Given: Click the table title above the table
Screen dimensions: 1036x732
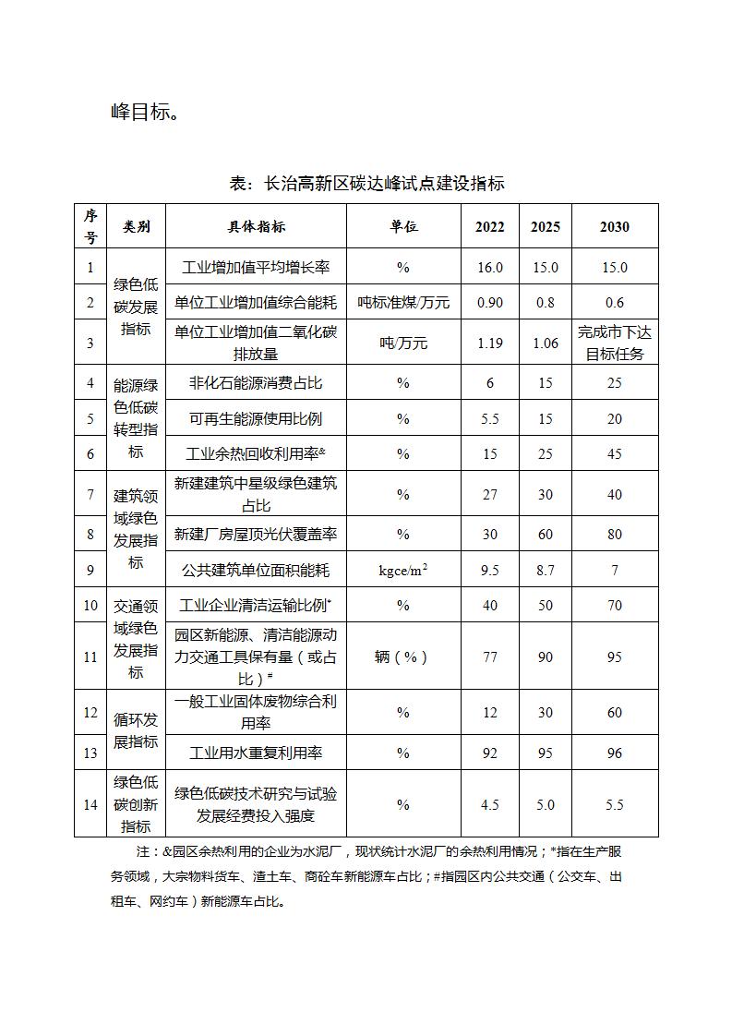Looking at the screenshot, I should point(366,183).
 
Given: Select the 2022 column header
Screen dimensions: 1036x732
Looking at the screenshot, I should point(489,227).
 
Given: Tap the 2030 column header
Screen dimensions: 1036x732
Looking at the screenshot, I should point(614,227).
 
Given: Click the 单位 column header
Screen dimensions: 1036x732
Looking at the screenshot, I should point(402,227).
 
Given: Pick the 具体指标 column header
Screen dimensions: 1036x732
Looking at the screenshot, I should point(256,227).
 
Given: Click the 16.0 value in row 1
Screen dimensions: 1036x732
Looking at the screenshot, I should point(489,268).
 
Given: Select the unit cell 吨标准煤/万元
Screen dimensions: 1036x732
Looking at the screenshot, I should point(402,303).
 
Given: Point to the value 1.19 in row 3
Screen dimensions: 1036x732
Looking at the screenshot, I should point(489,343).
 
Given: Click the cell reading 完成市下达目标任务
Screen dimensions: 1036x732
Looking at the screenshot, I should point(614,343).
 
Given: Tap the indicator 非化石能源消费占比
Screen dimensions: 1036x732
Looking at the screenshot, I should point(256,382).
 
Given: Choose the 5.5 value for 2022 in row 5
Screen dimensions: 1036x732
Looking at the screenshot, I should point(489,419).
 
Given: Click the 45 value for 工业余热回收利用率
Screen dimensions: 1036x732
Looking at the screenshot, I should point(614,454).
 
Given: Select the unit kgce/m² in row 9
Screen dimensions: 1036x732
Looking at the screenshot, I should point(402,571).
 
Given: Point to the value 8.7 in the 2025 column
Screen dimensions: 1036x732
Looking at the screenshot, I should point(545,571).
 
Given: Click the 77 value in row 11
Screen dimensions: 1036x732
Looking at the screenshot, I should point(489,657).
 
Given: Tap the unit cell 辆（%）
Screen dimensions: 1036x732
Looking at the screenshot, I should point(402,657).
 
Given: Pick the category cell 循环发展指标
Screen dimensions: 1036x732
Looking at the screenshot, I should point(136,730).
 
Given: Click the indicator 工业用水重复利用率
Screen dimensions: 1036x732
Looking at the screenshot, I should point(256,753).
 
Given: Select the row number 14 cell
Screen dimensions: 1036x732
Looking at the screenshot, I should point(90,805).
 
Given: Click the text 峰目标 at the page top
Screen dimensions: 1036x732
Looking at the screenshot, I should point(144,113).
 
